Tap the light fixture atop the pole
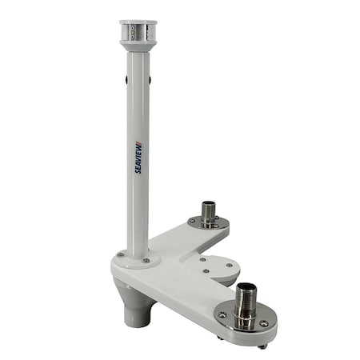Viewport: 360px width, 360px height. (x=138, y=34)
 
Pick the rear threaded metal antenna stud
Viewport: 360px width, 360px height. (x=209, y=213)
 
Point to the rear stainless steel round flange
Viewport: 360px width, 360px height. (x=209, y=223)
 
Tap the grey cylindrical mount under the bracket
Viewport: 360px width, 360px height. (x=137, y=308)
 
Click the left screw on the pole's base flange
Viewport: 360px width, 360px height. (x=120, y=255)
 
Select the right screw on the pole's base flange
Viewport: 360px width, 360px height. (x=146, y=260)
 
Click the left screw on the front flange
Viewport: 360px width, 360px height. (x=222, y=315)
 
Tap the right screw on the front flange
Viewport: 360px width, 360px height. (x=264, y=324)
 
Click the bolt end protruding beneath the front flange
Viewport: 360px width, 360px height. (x=261, y=346)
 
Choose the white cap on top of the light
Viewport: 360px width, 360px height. (x=138, y=23)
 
